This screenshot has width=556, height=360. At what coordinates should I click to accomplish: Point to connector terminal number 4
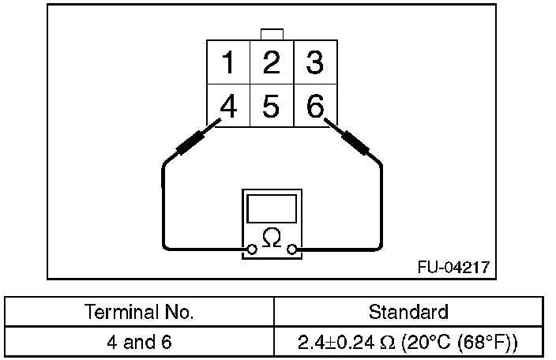coord(229,106)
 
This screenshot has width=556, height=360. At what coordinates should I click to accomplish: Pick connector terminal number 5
coord(271,106)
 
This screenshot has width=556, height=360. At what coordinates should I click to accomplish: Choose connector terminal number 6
coord(315,106)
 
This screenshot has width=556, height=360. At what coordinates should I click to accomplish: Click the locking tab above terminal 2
coord(272,34)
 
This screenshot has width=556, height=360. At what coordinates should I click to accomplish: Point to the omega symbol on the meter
coord(272,238)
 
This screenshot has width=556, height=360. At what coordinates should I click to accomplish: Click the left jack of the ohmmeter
coord(251,250)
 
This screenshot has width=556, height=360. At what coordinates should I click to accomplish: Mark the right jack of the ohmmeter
coord(293,250)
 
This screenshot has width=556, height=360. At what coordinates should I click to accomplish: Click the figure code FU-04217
coord(453,267)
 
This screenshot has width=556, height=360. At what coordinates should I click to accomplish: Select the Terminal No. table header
coord(141,311)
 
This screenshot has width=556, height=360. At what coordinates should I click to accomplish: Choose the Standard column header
coord(408,311)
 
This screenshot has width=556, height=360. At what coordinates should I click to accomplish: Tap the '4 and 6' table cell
coord(141,343)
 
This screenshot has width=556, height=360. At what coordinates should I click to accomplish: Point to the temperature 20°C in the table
coord(426,343)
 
